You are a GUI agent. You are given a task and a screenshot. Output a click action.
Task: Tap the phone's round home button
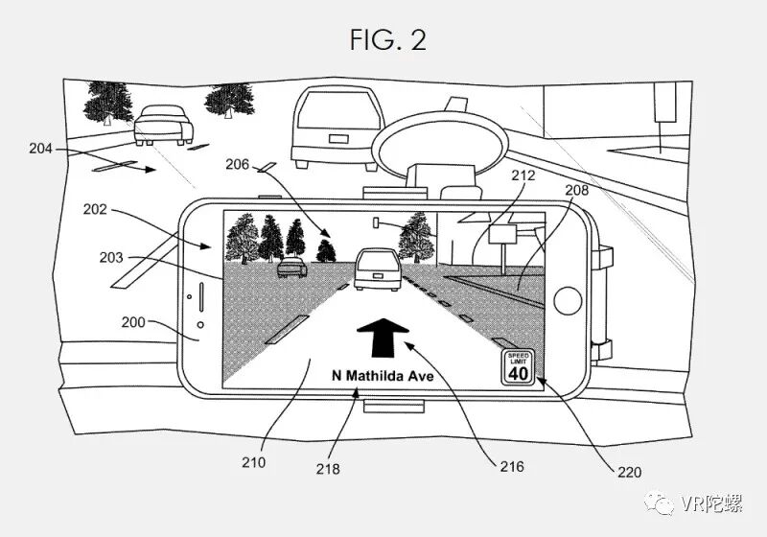(569, 299)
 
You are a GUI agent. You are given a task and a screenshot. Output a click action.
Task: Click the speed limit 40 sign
(518, 365)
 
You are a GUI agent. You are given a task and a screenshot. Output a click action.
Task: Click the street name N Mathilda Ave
(383, 376)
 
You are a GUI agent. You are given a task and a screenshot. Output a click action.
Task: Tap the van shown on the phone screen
(375, 268)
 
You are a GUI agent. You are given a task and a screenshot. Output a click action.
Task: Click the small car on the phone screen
(291, 268)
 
